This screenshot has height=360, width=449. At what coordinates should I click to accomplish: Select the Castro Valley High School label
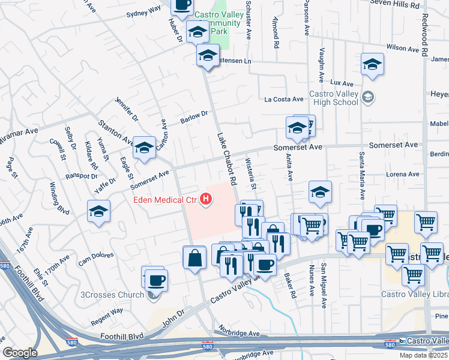tap(333, 98)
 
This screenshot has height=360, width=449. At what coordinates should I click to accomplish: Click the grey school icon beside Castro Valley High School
tap(368, 97)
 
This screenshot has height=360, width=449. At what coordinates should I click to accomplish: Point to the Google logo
tap(19, 353)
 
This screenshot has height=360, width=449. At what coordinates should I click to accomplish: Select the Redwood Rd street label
tap(424, 36)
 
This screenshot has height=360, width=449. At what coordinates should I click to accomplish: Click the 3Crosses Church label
tap(113, 295)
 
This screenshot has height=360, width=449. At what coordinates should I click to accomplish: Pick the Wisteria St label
tap(251, 175)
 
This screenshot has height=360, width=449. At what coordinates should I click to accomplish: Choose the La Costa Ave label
tap(286, 99)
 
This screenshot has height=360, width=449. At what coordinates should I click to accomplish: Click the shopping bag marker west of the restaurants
tap(194, 258)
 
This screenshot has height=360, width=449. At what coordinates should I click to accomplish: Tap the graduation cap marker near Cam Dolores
tap(98, 211)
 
